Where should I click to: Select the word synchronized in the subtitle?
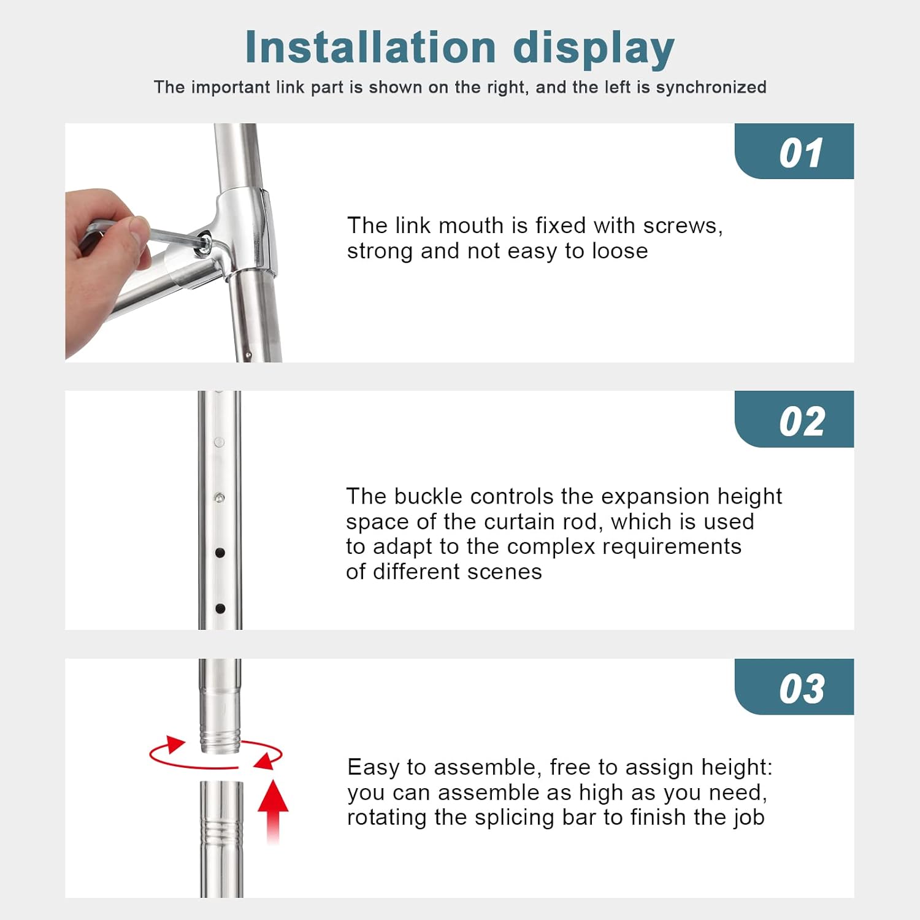pyautogui.click(x=711, y=87)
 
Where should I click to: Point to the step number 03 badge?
pyautogui.click(x=801, y=689)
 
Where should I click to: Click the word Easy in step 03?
pyautogui.click(x=374, y=767)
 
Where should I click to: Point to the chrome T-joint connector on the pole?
pyautogui.click(x=245, y=230)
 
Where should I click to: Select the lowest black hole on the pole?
pyautogui.click(x=220, y=608)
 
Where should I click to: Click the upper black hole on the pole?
pyautogui.click(x=220, y=553)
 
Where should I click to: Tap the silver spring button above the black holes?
pyautogui.click(x=219, y=497)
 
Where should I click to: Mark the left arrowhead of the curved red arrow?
pyautogui.click(x=174, y=745)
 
